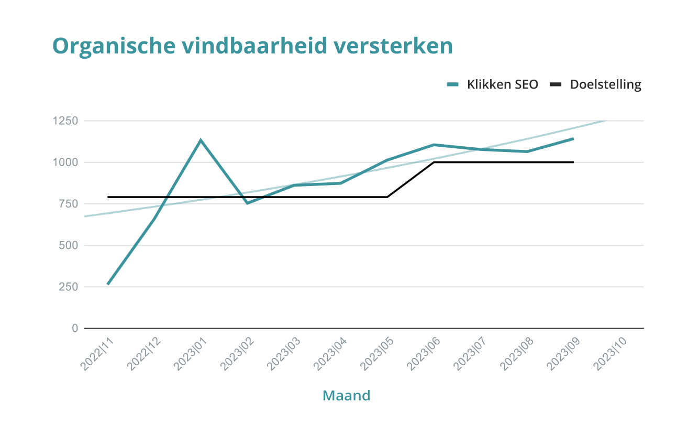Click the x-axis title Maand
[x=346, y=395]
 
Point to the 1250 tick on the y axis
[x=65, y=121]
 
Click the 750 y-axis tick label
[x=68, y=204]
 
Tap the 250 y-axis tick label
[x=68, y=287]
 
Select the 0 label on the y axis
[x=75, y=329]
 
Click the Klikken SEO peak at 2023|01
[x=201, y=140]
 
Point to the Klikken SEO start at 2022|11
[x=108, y=284]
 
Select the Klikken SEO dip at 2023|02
[x=247, y=203]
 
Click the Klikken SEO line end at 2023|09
[x=573, y=139]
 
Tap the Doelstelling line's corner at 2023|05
[x=387, y=197]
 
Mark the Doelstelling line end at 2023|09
[x=573, y=162]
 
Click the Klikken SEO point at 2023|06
[x=434, y=145]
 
